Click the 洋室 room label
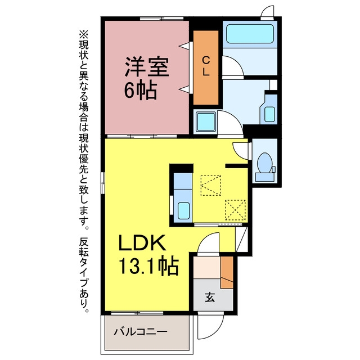pyautogui.click(x=147, y=66)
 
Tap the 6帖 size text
pyautogui.click(x=141, y=91)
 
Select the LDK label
pyautogui.click(x=142, y=242)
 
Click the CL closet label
pyautogui.click(x=206, y=66)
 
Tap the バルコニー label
pyautogui.click(x=141, y=331)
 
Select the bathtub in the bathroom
pyautogui.click(x=250, y=34)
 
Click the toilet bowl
pyautogui.click(x=265, y=163)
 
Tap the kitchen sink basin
pyautogui.click(x=183, y=210)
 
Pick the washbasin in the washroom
pyautogui.click(x=269, y=114)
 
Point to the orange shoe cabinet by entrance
pyautogui.click(x=227, y=272)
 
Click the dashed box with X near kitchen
pyautogui.click(x=235, y=210)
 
